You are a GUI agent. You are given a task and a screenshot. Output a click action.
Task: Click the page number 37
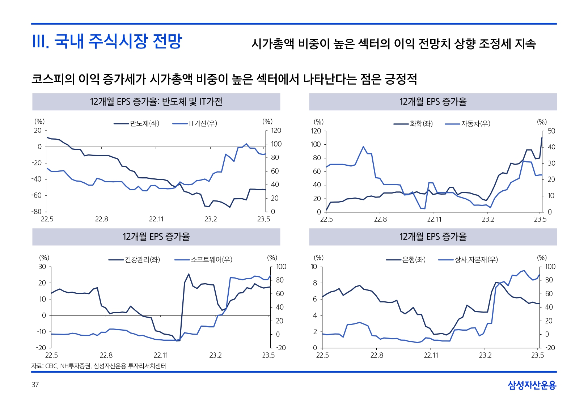tap(35, 385)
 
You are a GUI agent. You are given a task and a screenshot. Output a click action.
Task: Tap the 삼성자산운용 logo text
tap(532, 385)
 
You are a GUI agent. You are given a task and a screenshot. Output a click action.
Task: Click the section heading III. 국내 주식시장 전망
tap(107, 41)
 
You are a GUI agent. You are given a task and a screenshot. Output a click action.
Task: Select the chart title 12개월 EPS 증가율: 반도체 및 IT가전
tap(156, 102)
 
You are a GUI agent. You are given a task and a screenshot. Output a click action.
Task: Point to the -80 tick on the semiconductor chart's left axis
tap(37, 212)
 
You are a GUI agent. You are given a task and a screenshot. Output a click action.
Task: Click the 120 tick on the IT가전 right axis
tap(276, 131)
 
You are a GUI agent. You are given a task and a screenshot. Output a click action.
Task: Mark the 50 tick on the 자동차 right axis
tap(551, 131)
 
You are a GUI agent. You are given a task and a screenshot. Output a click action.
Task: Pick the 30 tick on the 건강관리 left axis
tap(42, 267)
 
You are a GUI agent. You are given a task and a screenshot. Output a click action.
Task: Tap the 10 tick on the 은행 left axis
tap(314, 267)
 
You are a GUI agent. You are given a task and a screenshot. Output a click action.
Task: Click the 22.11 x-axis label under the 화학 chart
tap(434, 219)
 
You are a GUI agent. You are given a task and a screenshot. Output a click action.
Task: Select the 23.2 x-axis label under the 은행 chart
tap(485, 355)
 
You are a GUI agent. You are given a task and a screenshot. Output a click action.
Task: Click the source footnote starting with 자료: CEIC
tap(98, 366)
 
